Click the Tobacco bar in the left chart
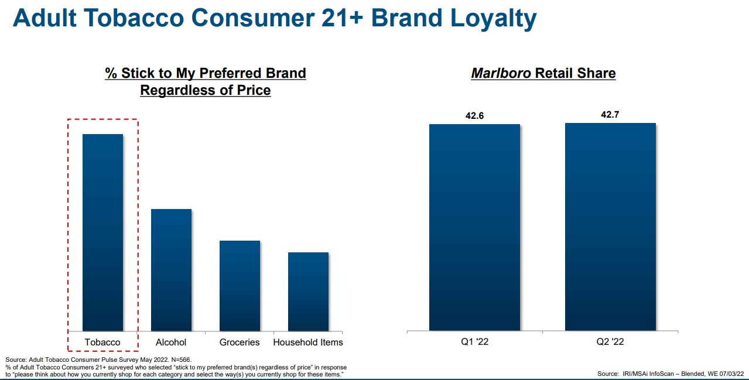tap(102, 232)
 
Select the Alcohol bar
tap(171, 270)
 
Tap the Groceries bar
tap(240, 286)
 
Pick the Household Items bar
tap(308, 292)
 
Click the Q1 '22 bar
tap(474, 227)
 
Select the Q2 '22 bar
tap(610, 227)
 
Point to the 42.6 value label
tap(474, 115)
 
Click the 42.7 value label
tap(610, 114)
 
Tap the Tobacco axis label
tap(102, 342)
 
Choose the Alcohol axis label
tap(171, 342)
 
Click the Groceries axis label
tap(240, 342)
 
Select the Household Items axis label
tap(308, 342)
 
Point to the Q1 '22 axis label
tap(474, 342)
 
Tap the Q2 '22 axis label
tap(610, 342)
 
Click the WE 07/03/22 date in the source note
tap(725, 374)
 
